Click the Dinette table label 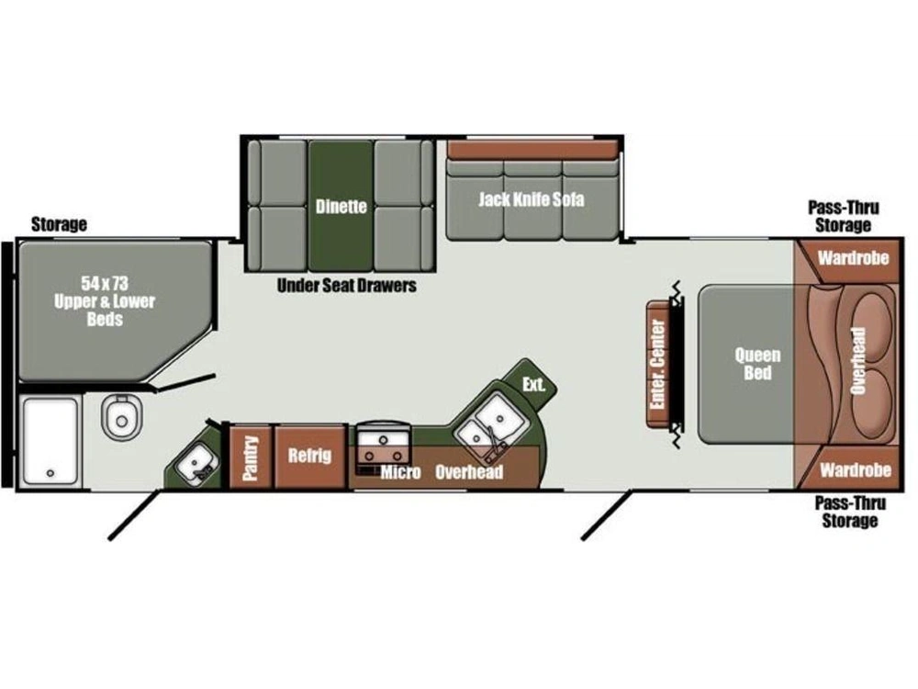pos(341,207)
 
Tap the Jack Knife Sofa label pos(531,199)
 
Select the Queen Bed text pos(757,364)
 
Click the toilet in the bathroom pos(122,416)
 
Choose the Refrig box pos(309,457)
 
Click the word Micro pos(400,472)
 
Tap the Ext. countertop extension pos(533,384)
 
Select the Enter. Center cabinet pos(657,364)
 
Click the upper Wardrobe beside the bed pos(853,258)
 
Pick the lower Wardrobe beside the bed pos(854,469)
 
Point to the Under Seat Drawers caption pos(347,286)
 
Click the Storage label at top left pos(59,224)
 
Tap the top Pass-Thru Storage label pos(844,216)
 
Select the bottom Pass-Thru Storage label pos(850,512)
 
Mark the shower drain pos(50,473)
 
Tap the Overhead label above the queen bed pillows pos(858,360)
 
